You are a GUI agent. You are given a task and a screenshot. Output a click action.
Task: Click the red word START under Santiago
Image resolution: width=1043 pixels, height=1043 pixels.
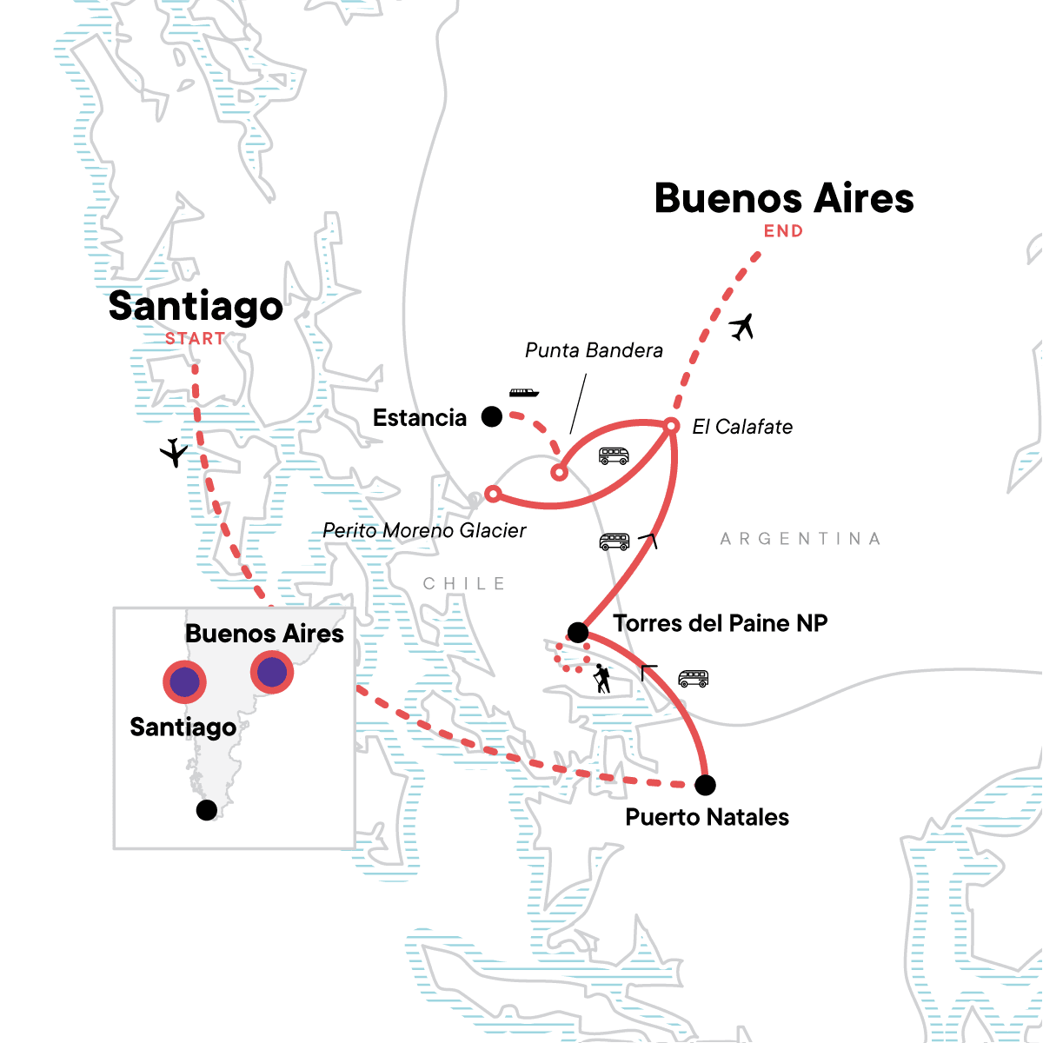coord(196,339)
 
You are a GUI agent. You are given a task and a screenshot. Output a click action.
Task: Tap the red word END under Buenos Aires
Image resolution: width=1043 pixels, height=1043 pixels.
coord(783,231)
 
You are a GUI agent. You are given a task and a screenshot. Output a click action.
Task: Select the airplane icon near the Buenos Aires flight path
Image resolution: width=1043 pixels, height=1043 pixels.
coord(741,328)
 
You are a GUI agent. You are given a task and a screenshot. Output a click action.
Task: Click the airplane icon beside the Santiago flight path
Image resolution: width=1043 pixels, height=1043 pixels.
coord(175,453)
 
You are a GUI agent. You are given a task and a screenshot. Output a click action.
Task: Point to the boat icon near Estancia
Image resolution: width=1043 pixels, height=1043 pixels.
coord(524,393)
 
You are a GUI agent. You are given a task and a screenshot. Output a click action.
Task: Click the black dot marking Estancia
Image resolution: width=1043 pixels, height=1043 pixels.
coord(492,417)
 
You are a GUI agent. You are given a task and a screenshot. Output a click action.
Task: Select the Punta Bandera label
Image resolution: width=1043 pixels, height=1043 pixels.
coord(594,350)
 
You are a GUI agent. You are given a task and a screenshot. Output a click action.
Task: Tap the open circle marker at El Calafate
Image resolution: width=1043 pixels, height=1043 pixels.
coord(671,426)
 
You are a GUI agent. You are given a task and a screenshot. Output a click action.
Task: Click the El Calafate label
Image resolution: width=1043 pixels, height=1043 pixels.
coord(742,427)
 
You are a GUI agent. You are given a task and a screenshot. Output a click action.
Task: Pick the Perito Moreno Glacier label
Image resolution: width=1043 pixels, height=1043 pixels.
coord(424,530)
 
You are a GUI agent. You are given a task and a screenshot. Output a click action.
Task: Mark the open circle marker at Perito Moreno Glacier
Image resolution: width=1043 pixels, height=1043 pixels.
coord(492,494)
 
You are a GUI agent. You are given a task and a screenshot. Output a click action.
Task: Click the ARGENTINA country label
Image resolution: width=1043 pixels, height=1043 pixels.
coord(800,539)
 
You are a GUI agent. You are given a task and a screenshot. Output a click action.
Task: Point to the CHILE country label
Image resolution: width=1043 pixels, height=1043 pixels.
coord(464,583)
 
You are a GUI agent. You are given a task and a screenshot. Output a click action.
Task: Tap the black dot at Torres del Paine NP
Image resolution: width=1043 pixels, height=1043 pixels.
coord(577,632)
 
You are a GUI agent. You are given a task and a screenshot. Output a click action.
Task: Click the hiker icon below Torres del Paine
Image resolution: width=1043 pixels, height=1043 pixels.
coord(601,679)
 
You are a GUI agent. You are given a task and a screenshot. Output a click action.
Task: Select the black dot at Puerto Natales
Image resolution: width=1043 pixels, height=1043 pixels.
coord(706,785)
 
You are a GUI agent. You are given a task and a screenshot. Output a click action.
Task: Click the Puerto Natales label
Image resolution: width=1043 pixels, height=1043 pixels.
coord(708,817)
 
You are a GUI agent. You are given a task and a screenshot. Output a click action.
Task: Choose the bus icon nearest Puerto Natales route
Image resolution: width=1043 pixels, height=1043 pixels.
coord(693,678)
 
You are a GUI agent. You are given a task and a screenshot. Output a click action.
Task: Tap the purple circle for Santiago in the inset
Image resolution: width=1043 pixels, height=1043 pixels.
coord(184,683)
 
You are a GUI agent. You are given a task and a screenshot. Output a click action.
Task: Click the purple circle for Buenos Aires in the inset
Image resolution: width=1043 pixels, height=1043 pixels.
coord(272,672)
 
